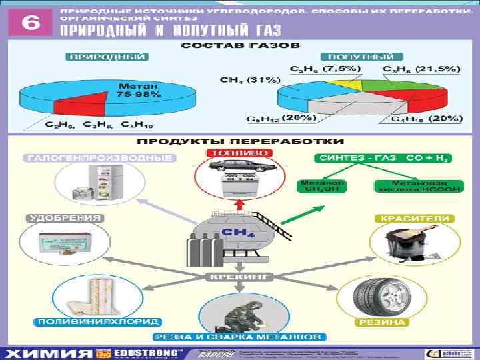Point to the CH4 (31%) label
[x=242, y=80]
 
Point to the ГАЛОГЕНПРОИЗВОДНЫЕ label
[x=99, y=159]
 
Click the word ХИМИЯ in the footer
[x=51, y=353]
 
